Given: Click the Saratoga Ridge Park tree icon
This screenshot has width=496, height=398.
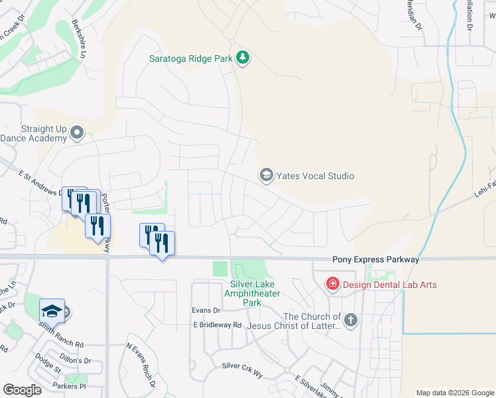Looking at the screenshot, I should pos(243,58).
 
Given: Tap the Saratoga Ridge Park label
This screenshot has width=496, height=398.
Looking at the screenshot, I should pos(190,58).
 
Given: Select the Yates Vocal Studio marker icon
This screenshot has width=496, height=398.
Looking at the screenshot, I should pos(266,176).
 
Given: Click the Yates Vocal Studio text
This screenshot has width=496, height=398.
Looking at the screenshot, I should pos(315,176).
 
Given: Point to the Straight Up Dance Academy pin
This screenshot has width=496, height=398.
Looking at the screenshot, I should pos(77,133).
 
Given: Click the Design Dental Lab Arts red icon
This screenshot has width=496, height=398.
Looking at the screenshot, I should pos(332,285).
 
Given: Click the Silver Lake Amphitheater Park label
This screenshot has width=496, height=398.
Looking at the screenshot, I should pos(243,293).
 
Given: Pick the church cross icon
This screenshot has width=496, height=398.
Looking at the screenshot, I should pos(351,321).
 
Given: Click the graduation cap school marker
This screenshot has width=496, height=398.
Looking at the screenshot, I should pos(52,311).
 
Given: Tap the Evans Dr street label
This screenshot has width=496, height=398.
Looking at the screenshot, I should pos(206,310).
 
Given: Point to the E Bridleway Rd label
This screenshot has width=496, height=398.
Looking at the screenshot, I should pos(217,325).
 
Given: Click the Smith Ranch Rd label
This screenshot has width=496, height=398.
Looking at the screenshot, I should pos(60,345).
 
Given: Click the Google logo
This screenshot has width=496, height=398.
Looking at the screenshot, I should pos(22,389).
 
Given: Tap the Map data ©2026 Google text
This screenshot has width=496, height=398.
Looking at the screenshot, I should pos(455,393).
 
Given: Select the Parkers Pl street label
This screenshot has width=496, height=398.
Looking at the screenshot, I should pos(70,385).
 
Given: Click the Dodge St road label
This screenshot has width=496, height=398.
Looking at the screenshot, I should pos(48,364).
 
